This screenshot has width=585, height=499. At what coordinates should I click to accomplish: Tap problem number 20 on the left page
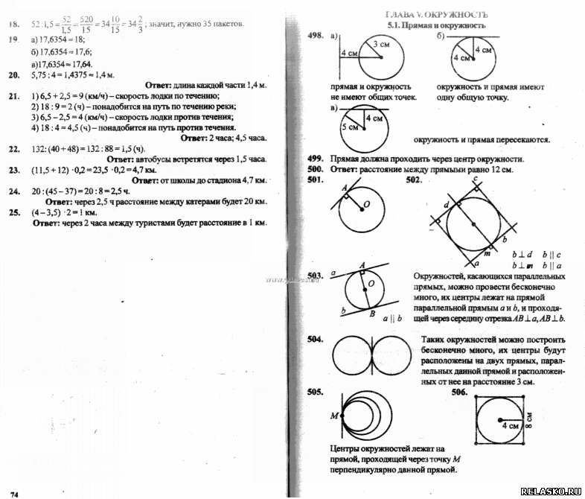tap(13, 75)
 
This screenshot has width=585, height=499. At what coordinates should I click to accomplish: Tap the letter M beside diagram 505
tap(334, 415)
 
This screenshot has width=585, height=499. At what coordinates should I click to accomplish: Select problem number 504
tap(316, 340)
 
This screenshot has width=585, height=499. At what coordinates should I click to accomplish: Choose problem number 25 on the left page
tap(13, 212)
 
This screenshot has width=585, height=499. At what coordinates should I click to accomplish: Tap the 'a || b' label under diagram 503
tap(391, 319)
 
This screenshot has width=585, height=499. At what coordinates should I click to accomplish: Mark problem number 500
tap(317, 169)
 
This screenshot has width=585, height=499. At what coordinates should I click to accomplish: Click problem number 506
tap(459, 392)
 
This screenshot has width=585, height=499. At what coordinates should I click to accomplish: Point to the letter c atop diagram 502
tap(474, 179)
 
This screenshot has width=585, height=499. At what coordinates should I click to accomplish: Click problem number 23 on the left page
tap(13, 170)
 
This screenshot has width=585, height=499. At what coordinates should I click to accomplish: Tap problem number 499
tap(317, 159)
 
